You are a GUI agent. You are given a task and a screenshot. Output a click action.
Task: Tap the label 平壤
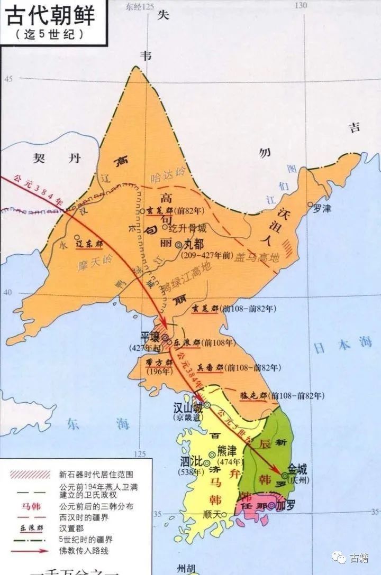tap(150, 336)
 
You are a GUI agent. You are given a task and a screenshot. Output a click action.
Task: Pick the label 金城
tap(297, 469)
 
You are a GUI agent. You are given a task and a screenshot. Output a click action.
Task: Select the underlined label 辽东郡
tap(88, 245)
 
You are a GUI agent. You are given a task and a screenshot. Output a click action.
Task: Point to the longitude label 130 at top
tap(302, 5)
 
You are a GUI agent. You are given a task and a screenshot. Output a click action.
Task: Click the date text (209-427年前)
tap(206, 255)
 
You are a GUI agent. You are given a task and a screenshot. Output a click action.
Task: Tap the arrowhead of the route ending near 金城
tap(278, 473)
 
